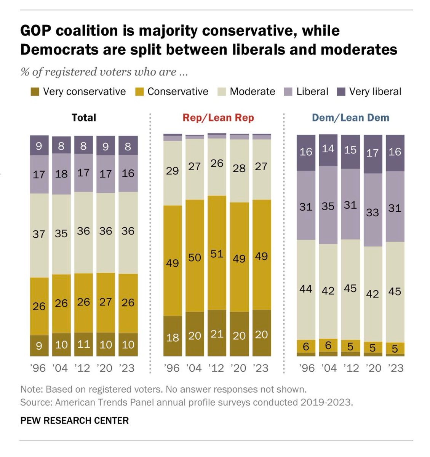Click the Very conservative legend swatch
click(35, 92)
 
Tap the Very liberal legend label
click(375, 92)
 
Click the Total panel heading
click(84, 118)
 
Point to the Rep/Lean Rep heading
click(218, 118)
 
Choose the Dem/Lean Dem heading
click(350, 118)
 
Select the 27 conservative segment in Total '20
click(106, 303)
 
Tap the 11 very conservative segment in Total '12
click(83, 344)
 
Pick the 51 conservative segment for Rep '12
click(217, 253)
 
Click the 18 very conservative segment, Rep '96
click(173, 337)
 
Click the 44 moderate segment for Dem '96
click(306, 289)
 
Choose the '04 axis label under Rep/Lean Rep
click(194, 368)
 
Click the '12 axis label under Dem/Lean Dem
click(350, 368)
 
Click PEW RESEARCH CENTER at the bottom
click(74, 421)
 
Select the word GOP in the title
click(36, 31)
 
